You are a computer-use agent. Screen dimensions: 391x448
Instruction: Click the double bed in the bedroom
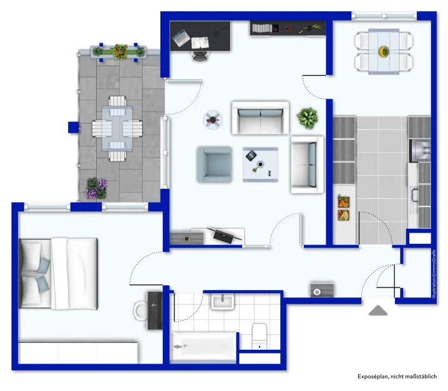point(59,273)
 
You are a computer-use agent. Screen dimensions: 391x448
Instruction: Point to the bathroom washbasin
point(222,302)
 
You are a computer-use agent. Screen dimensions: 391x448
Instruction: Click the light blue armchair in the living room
point(214,163)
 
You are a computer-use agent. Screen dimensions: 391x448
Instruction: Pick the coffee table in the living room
point(260,164)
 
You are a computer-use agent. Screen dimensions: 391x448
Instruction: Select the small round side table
point(213,118)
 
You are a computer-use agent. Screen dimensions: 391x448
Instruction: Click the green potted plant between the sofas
point(308,117)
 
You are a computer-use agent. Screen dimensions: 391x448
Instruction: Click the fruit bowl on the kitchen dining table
point(383,51)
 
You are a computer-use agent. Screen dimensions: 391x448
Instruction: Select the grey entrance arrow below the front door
point(378,310)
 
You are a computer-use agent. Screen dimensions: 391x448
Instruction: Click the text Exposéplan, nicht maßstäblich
point(397,377)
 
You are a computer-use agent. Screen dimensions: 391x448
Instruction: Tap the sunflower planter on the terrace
point(119,52)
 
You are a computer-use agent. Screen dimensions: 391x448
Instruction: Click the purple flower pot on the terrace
point(96,188)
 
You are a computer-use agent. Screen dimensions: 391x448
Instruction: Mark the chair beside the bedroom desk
point(141,310)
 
